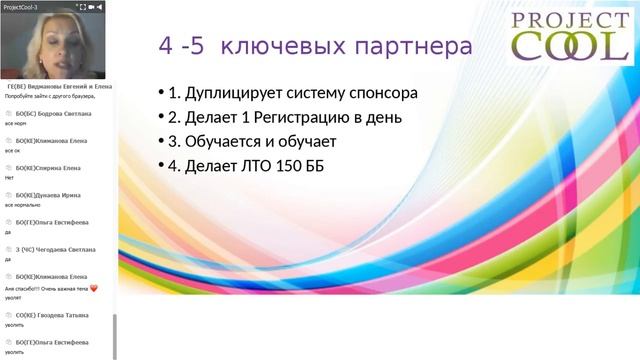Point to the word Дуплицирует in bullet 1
[236, 94]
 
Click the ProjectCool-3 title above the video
[21, 6]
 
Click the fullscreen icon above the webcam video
[81, 6]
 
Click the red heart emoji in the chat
[94, 287]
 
